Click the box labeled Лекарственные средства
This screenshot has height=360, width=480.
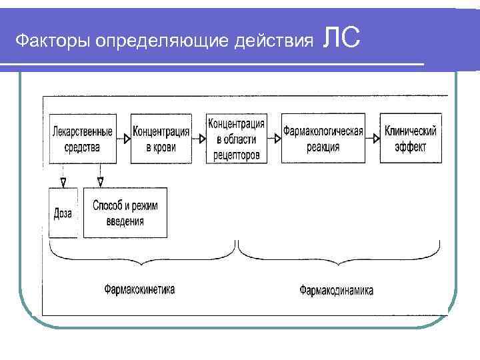tap(81, 138)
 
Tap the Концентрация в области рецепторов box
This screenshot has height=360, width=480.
tap(237, 138)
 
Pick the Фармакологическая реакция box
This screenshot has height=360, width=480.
tap(323, 138)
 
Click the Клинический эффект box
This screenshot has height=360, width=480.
tap(411, 138)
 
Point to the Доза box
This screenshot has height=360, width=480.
tap(63, 213)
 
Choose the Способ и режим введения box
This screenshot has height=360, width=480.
tap(125, 213)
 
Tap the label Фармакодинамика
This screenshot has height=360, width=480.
tap(336, 290)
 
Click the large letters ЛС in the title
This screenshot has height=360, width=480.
tap(341, 37)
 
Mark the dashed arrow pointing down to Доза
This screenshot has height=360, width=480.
tap(63, 176)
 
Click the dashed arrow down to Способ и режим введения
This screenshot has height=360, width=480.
tap(100, 176)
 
